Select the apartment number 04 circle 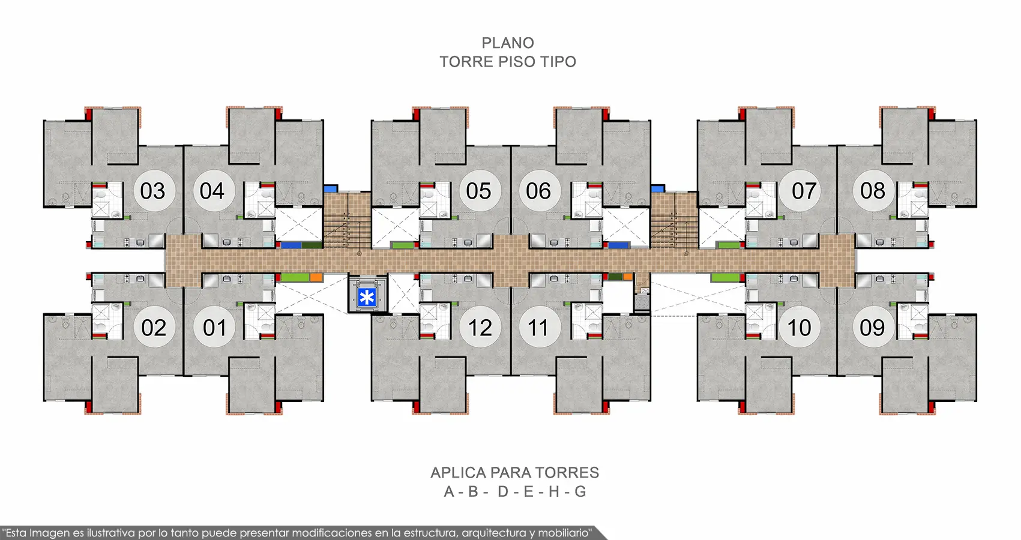214,190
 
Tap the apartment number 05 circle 480,190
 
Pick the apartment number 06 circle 540,190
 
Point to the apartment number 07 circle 800,190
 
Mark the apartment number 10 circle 800,327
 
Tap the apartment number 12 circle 480,327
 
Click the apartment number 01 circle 214,327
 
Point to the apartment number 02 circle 154,327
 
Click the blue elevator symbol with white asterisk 367,298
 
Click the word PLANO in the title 508,43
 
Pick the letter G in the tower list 580,491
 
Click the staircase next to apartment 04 348,220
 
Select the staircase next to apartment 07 674,220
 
